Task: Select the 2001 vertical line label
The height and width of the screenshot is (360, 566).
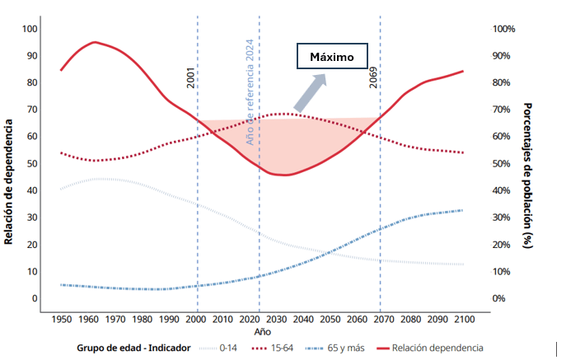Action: point(191,77)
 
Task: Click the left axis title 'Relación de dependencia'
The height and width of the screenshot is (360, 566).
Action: point(9,182)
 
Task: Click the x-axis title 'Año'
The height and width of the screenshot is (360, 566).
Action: point(261,330)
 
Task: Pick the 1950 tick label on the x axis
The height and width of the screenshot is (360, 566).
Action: point(61,318)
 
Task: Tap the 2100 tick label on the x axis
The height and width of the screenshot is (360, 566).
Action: point(464,318)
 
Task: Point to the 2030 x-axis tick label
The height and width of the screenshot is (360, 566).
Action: point(276,318)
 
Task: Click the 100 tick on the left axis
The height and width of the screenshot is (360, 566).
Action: point(30,29)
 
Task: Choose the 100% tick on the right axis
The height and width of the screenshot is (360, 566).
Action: point(503,29)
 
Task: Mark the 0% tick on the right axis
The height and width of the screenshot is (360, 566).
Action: point(498,298)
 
